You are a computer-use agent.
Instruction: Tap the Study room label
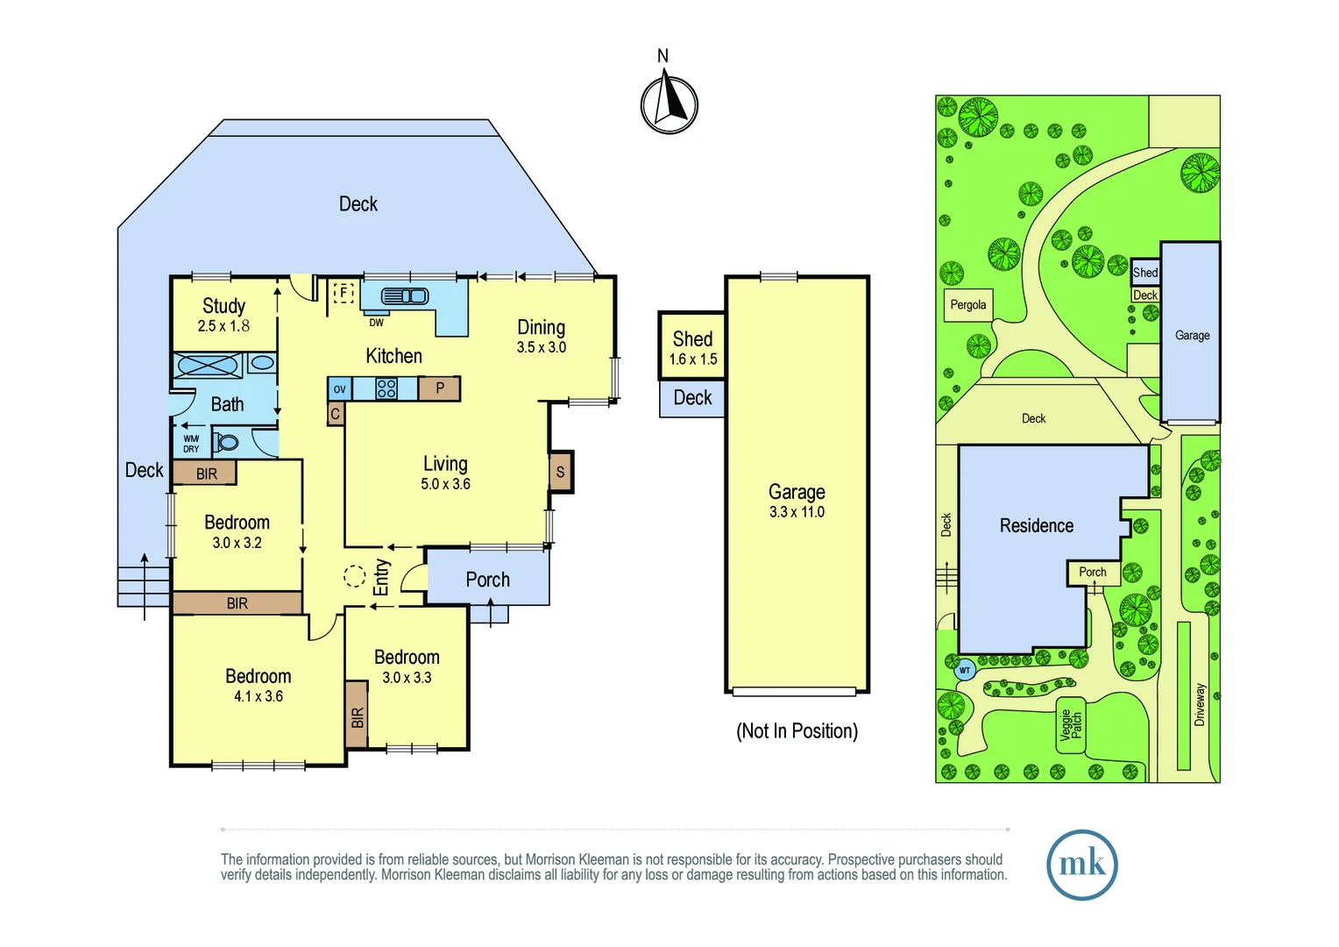223,306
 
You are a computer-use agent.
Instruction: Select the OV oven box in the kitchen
339,388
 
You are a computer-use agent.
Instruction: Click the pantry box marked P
439,388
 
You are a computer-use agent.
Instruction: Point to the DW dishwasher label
376,323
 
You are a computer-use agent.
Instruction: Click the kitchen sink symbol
405,295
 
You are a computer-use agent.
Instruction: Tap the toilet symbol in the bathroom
225,443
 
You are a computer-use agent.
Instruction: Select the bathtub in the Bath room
208,364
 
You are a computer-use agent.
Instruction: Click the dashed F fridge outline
344,293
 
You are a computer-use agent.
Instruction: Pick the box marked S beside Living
561,472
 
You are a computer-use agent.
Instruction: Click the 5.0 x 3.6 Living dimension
445,484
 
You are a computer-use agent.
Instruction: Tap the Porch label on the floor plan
488,579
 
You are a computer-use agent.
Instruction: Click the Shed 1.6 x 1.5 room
692,345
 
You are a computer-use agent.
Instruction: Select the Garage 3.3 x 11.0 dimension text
797,512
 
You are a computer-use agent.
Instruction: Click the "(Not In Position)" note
797,731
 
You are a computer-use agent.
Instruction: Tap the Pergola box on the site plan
968,305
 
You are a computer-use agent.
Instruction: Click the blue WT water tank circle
965,670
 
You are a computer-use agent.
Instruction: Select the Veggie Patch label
1071,725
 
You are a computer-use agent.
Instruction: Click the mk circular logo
1082,865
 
